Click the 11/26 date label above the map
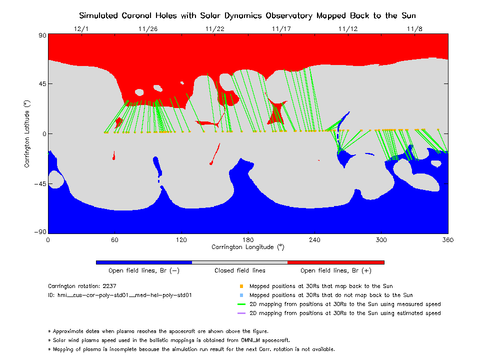[x=147, y=29]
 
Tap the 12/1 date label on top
[x=81, y=29]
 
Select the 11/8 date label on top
[x=414, y=29]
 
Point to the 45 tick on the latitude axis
[x=41, y=84]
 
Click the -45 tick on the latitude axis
[x=40, y=183]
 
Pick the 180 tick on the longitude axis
[x=248, y=240]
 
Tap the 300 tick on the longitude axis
[x=381, y=240]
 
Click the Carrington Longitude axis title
[x=248, y=247]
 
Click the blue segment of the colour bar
[x=144, y=262]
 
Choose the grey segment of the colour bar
[x=240, y=262]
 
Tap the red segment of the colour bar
[x=336, y=262]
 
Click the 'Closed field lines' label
[x=240, y=271]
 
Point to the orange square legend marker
[x=241, y=286]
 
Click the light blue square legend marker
[x=241, y=295]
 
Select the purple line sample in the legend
[x=241, y=313]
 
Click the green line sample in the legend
[x=241, y=304]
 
